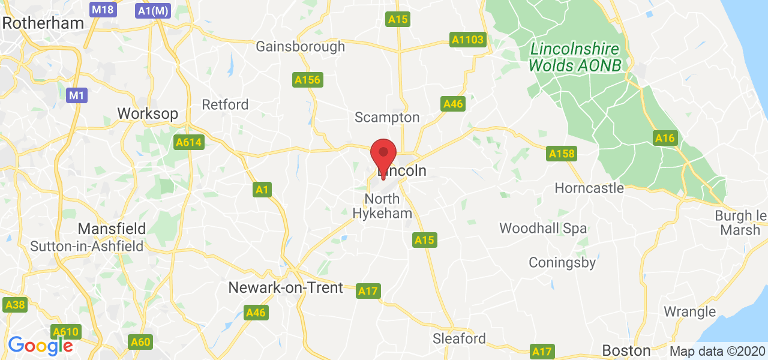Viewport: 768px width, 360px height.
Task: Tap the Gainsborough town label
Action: point(301,46)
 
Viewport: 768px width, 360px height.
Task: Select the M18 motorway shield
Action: point(103,10)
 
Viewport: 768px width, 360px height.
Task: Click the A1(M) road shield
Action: point(153,10)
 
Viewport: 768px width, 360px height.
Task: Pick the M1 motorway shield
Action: point(76,95)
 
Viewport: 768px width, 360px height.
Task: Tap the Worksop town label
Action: point(148,113)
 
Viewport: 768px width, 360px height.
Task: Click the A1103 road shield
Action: point(468,40)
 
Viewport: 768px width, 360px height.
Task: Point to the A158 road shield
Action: point(562,154)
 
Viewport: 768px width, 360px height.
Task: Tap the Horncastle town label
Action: point(589,188)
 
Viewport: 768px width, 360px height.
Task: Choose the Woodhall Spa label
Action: point(543,228)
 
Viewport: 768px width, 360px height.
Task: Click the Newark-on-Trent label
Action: point(286,287)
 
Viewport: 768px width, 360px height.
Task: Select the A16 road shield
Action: point(665,139)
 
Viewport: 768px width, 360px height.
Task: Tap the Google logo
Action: point(40,345)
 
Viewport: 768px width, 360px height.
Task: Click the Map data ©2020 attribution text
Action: point(717,351)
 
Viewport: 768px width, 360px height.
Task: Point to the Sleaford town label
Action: point(460,338)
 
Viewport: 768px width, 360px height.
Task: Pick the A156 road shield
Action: point(307,79)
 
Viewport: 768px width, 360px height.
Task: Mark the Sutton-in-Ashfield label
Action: point(87,246)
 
